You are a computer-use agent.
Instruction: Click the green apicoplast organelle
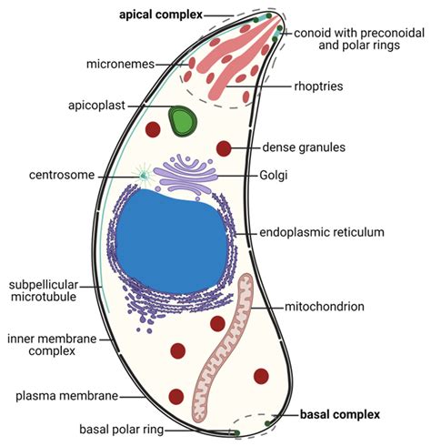point(183,119)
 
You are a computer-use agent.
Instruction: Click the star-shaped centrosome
point(143,173)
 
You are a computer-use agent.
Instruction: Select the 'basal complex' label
point(339,414)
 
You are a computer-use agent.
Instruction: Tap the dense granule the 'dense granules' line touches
point(225,148)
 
